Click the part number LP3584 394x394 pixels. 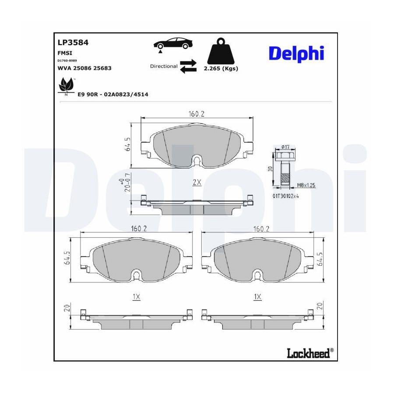pos(73,42)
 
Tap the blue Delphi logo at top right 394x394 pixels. pos(296,54)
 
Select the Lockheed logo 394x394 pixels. pos(310,353)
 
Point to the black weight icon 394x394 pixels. pos(221,51)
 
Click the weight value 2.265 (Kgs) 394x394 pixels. pos(221,68)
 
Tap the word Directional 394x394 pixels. pos(164,66)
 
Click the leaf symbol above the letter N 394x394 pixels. pos(67,84)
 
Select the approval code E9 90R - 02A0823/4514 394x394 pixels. pos(113,95)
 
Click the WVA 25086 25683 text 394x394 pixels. pos(84,68)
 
